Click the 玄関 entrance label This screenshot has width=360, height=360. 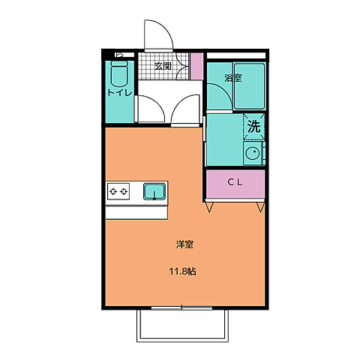pyautogui.click(x=163, y=66)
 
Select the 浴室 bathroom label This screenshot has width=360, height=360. pyautogui.click(x=233, y=78)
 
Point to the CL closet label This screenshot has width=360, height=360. pyautogui.click(x=235, y=182)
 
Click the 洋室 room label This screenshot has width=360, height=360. pyautogui.click(x=185, y=244)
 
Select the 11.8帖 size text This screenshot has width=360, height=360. pyautogui.click(x=184, y=271)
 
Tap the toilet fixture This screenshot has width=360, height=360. pyautogui.click(x=118, y=73)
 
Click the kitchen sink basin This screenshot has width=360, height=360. pyautogui.click(x=154, y=191)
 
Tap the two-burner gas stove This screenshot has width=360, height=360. pyautogui.click(x=118, y=192)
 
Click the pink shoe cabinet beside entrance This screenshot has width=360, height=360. pyautogui.click(x=196, y=66)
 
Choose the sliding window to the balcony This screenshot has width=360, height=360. pyautogui.click(x=182, y=307)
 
